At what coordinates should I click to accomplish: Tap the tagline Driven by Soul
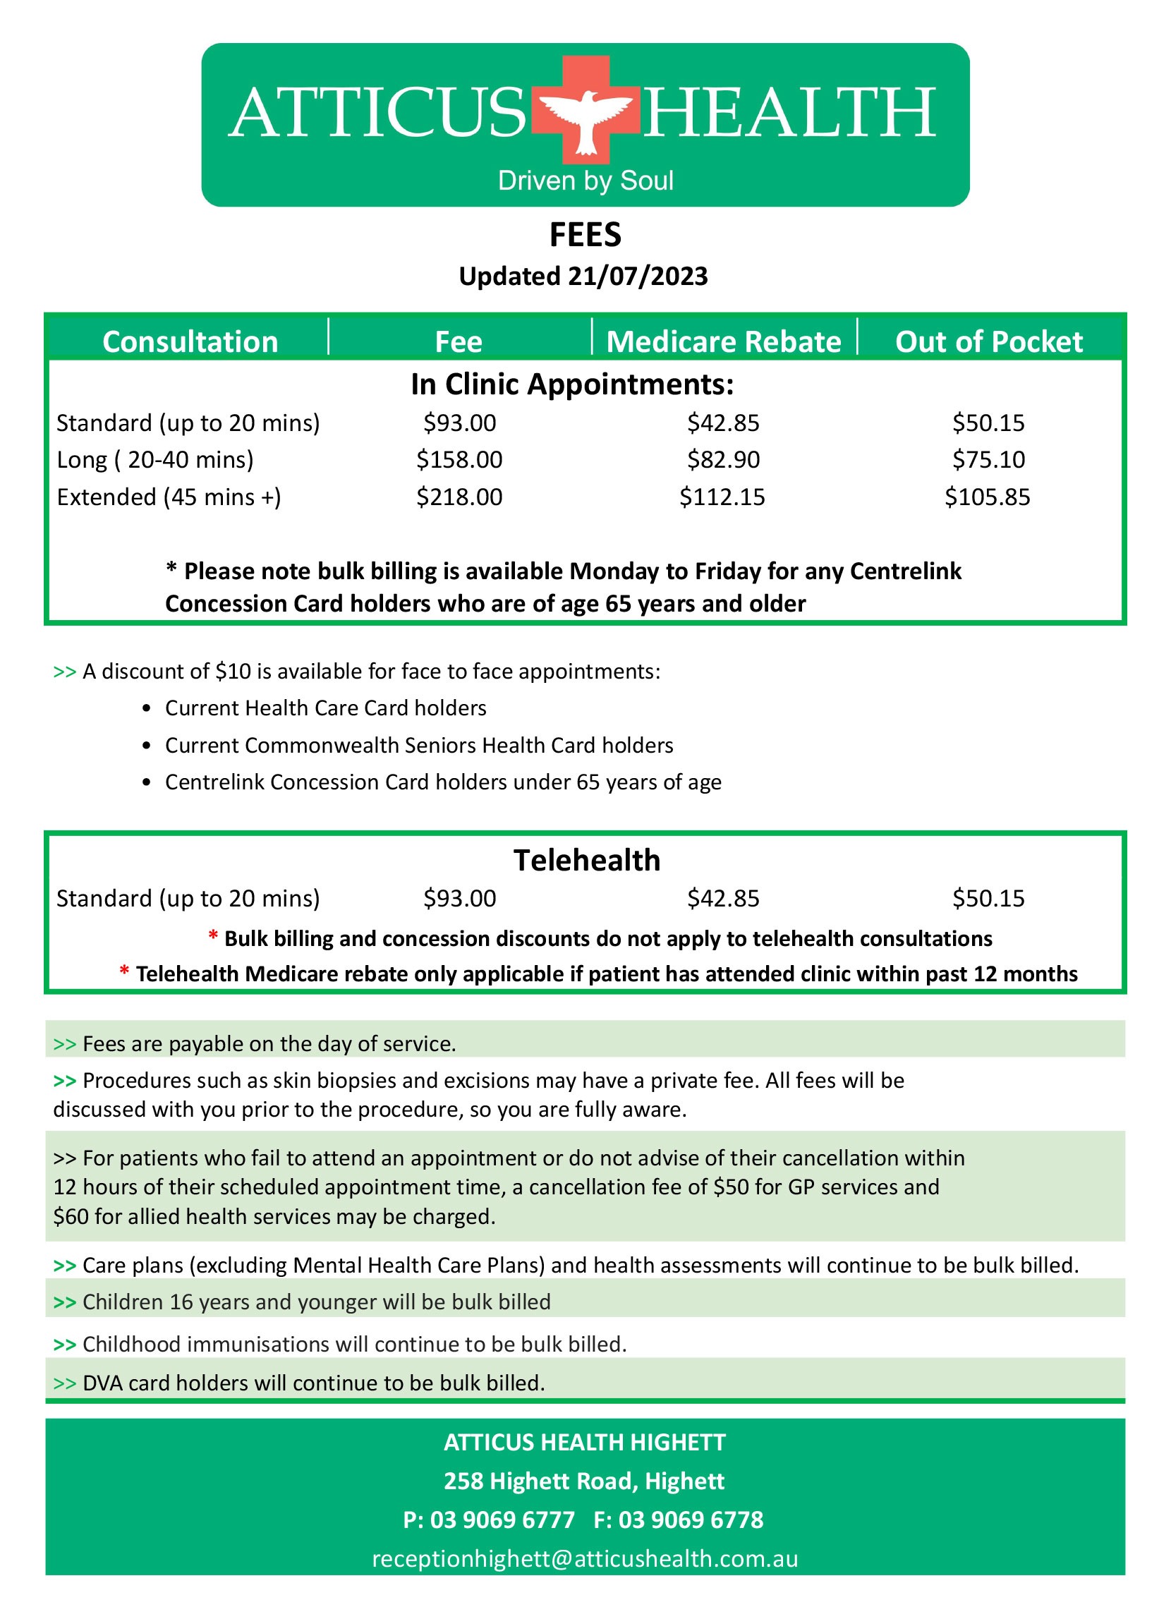(x=585, y=181)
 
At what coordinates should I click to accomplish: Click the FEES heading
(x=585, y=236)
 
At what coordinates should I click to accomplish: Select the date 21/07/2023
(x=638, y=277)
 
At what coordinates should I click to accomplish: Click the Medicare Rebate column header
(x=723, y=342)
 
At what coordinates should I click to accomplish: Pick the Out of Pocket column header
(x=988, y=342)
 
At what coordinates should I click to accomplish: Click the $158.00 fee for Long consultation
(x=459, y=460)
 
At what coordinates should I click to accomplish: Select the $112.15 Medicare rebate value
(x=722, y=497)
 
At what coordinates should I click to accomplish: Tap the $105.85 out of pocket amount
(x=988, y=497)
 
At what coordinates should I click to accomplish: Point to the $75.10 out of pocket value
(x=988, y=460)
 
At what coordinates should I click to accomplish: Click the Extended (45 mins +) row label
(x=169, y=497)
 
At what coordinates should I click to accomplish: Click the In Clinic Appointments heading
(x=572, y=384)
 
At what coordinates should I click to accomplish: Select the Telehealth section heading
(x=586, y=860)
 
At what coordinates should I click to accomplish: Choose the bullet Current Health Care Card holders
(x=326, y=708)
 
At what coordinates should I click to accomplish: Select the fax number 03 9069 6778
(x=691, y=1519)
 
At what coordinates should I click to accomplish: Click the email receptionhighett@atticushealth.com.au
(x=585, y=1558)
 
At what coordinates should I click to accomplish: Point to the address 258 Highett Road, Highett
(x=584, y=1481)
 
